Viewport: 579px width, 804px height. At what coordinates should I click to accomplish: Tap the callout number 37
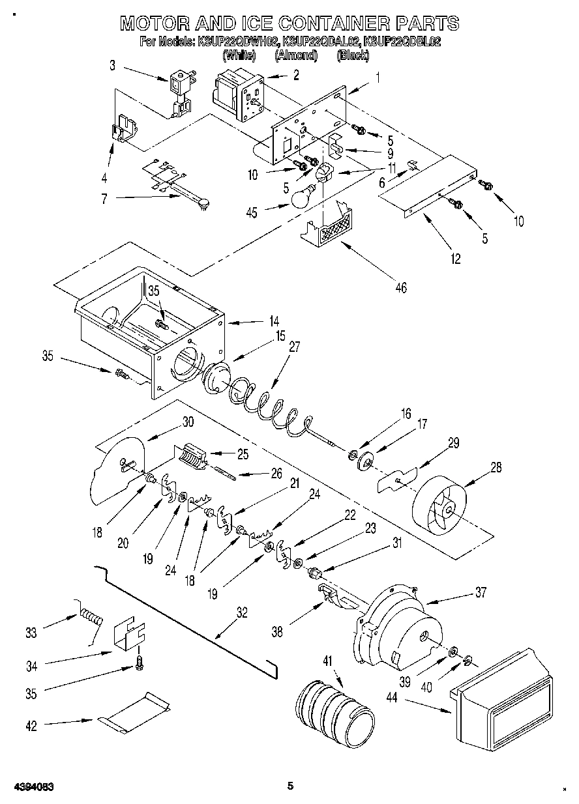click(481, 592)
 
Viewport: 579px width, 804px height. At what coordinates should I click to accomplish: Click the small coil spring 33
click(91, 616)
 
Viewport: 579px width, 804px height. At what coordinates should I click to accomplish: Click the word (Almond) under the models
click(296, 56)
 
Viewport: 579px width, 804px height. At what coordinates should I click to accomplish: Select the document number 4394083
click(31, 786)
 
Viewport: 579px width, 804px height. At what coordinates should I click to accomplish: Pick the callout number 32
click(242, 612)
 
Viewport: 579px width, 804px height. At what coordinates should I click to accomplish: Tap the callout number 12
click(455, 259)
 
